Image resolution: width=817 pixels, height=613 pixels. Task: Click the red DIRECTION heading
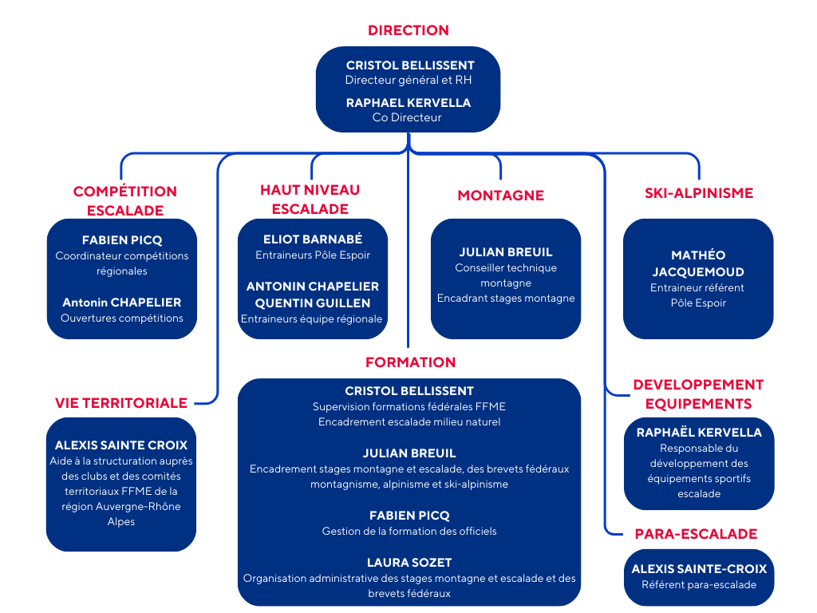click(408, 30)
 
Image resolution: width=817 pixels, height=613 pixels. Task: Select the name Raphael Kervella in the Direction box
click(408, 102)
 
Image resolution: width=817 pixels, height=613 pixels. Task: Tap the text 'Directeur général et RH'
click(408, 80)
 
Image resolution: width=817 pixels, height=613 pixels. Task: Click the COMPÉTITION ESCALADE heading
click(124, 200)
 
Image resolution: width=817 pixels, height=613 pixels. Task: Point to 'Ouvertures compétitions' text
click(122, 318)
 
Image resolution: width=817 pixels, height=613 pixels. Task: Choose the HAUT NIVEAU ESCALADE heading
click(310, 199)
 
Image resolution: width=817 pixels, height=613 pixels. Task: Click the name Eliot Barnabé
click(313, 239)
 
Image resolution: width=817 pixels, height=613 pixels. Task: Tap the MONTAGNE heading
click(500, 196)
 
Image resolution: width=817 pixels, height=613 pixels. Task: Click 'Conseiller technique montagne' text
click(506, 275)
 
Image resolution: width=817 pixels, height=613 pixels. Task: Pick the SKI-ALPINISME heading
click(698, 192)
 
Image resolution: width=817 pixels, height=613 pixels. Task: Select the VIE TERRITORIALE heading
click(121, 402)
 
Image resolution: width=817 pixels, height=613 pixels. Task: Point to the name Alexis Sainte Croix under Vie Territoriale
click(121, 445)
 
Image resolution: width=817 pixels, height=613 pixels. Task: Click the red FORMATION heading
click(410, 362)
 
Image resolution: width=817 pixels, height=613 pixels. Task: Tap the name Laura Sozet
click(408, 563)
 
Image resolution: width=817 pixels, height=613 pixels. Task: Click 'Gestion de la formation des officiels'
click(408, 531)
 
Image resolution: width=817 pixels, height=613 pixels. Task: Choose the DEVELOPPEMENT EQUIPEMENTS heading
click(698, 394)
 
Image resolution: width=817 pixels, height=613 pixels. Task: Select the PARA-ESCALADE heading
click(696, 534)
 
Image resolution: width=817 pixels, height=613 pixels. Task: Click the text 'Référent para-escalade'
click(698, 584)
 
